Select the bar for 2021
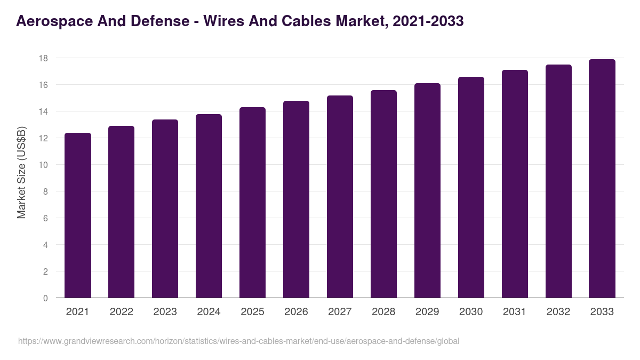[78, 215]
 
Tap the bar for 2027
[340, 197]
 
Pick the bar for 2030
[471, 187]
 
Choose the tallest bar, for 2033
[602, 179]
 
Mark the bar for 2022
[121, 212]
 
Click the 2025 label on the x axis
[252, 312]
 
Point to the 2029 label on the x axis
[427, 312]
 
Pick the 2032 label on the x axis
[558, 312]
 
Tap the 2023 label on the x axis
[165, 312]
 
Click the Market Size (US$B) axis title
[21, 172]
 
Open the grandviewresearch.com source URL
[238, 341]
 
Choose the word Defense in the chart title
[159, 21]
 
